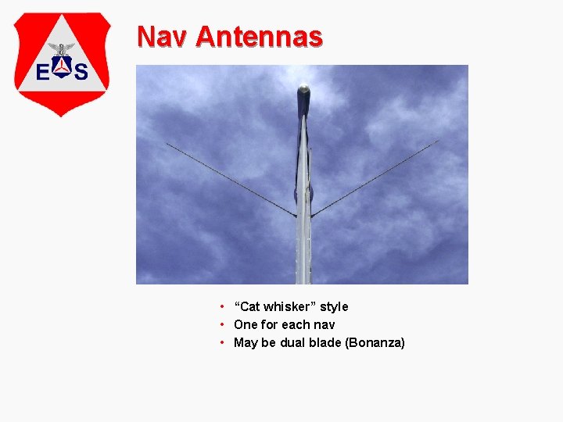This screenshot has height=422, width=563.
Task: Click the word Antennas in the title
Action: tap(259, 36)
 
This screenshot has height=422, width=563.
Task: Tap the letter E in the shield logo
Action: tap(45, 73)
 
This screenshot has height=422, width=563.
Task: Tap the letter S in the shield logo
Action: tap(81, 73)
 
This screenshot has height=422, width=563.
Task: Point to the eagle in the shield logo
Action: tap(62, 48)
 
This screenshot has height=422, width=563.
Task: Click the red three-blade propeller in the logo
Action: tap(62, 68)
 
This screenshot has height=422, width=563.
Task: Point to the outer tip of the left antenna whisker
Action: tap(167, 143)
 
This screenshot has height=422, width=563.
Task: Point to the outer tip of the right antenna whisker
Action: tap(438, 141)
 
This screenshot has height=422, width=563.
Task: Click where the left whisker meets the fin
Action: tap(296, 215)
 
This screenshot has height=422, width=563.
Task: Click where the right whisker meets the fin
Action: tap(312, 215)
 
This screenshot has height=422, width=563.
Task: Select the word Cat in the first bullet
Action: tap(250, 306)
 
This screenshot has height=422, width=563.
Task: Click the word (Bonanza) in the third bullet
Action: tap(375, 342)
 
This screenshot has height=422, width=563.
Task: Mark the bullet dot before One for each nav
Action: tap(223, 324)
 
